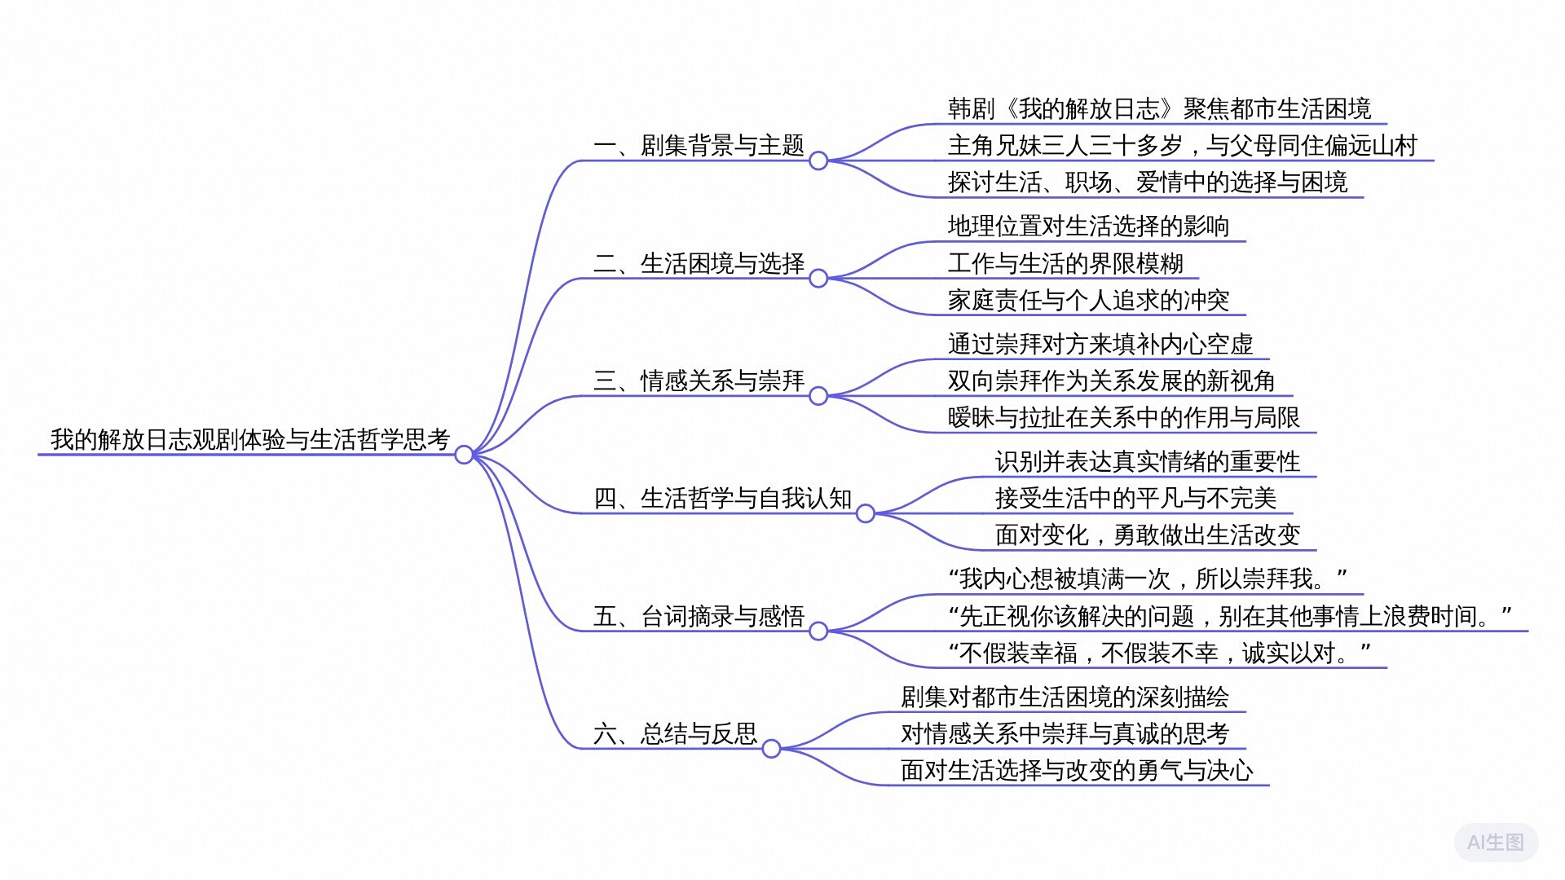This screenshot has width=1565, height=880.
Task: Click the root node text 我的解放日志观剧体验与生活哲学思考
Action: [x=250, y=439]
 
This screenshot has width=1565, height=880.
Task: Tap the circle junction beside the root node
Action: [x=464, y=455]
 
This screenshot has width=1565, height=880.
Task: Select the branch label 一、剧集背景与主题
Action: [x=699, y=146]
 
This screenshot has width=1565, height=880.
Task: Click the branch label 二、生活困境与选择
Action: [x=699, y=263]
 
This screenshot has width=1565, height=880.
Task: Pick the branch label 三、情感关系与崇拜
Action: [x=699, y=381]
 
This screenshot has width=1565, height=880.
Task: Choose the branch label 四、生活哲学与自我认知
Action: [x=723, y=498]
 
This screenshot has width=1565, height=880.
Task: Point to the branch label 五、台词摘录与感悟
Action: [x=699, y=616]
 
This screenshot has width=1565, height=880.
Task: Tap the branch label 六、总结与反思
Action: [x=676, y=733]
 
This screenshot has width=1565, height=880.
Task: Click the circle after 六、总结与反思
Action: [x=771, y=749]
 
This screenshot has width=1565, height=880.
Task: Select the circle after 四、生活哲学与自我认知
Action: [x=866, y=513]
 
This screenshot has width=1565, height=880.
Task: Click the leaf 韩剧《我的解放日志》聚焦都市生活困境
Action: [x=1159, y=109]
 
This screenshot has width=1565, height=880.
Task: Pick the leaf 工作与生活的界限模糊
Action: [x=1065, y=263]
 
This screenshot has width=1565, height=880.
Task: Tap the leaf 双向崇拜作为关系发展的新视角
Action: [x=1112, y=381]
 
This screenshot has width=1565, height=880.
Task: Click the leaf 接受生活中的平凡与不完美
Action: [x=1135, y=498]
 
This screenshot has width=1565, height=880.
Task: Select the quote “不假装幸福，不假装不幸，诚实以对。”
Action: [x=1159, y=653]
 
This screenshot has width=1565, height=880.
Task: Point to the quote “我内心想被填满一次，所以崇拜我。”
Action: [x=1148, y=579]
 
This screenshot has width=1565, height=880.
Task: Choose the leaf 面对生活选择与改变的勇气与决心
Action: [x=1077, y=770]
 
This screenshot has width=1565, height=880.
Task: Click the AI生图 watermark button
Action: [x=1496, y=842]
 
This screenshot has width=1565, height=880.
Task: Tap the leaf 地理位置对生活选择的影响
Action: [x=1088, y=227]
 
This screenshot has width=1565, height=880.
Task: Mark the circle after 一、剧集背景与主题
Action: [x=818, y=161]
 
